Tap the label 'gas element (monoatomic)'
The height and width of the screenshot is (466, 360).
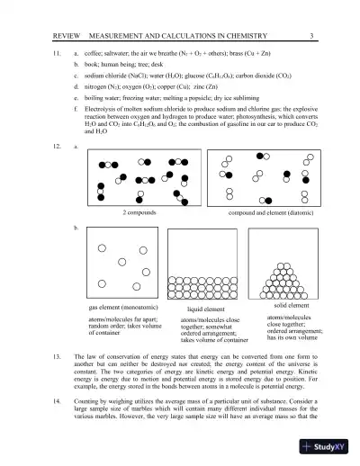123,308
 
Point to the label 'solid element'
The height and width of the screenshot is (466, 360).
290,306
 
